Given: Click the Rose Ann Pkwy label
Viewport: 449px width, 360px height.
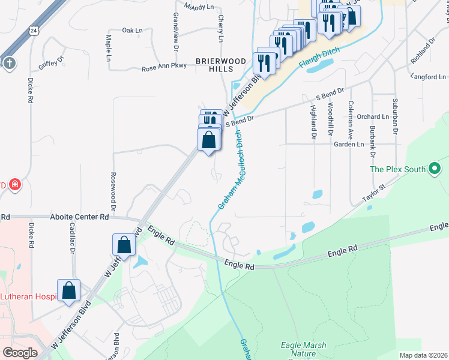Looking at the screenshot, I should pos(165,68).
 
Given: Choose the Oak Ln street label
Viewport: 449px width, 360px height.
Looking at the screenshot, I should pos(133,30).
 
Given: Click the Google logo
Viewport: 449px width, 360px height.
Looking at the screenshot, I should pos(20,353).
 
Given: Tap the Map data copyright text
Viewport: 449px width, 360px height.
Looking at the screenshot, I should pos(423,355).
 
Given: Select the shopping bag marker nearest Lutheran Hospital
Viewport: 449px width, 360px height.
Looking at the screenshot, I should pos(69,290).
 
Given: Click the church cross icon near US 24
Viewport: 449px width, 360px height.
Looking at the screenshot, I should pos(8,63).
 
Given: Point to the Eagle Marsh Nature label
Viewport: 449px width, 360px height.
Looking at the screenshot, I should pos(299,349).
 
